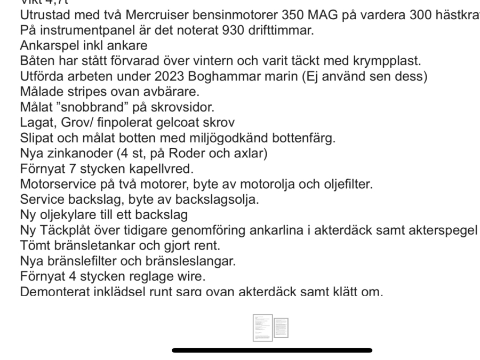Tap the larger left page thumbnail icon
pyautogui.click(x=262, y=327)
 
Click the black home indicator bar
pyautogui.click(x=272, y=350)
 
